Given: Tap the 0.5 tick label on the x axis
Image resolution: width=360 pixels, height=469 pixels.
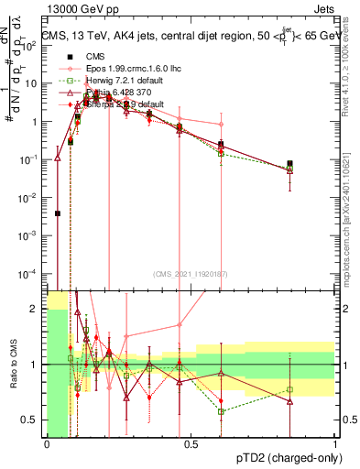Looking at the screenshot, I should pos(191,443).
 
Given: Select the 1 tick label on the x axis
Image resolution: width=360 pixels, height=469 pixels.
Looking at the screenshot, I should pos(335,443).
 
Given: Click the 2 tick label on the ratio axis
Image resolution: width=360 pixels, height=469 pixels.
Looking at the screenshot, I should pos(35,309).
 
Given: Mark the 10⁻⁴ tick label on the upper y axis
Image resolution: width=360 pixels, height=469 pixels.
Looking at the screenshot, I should pos(29,274).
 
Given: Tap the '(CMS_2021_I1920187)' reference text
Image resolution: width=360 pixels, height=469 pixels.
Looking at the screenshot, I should pos(191,273).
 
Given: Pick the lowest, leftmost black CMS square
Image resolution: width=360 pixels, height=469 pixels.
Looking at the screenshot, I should pos(57,213).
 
